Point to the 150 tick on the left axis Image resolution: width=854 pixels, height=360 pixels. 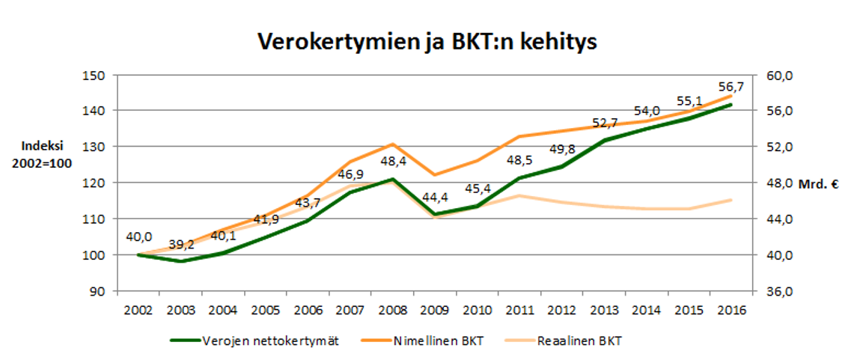click(96, 75)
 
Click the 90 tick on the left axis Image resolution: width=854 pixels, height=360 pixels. click(99, 291)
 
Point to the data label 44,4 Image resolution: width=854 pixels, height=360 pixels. click(434, 198)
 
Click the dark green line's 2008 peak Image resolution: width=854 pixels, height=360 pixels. click(392, 179)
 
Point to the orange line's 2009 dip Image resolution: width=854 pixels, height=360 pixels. click(434, 175)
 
